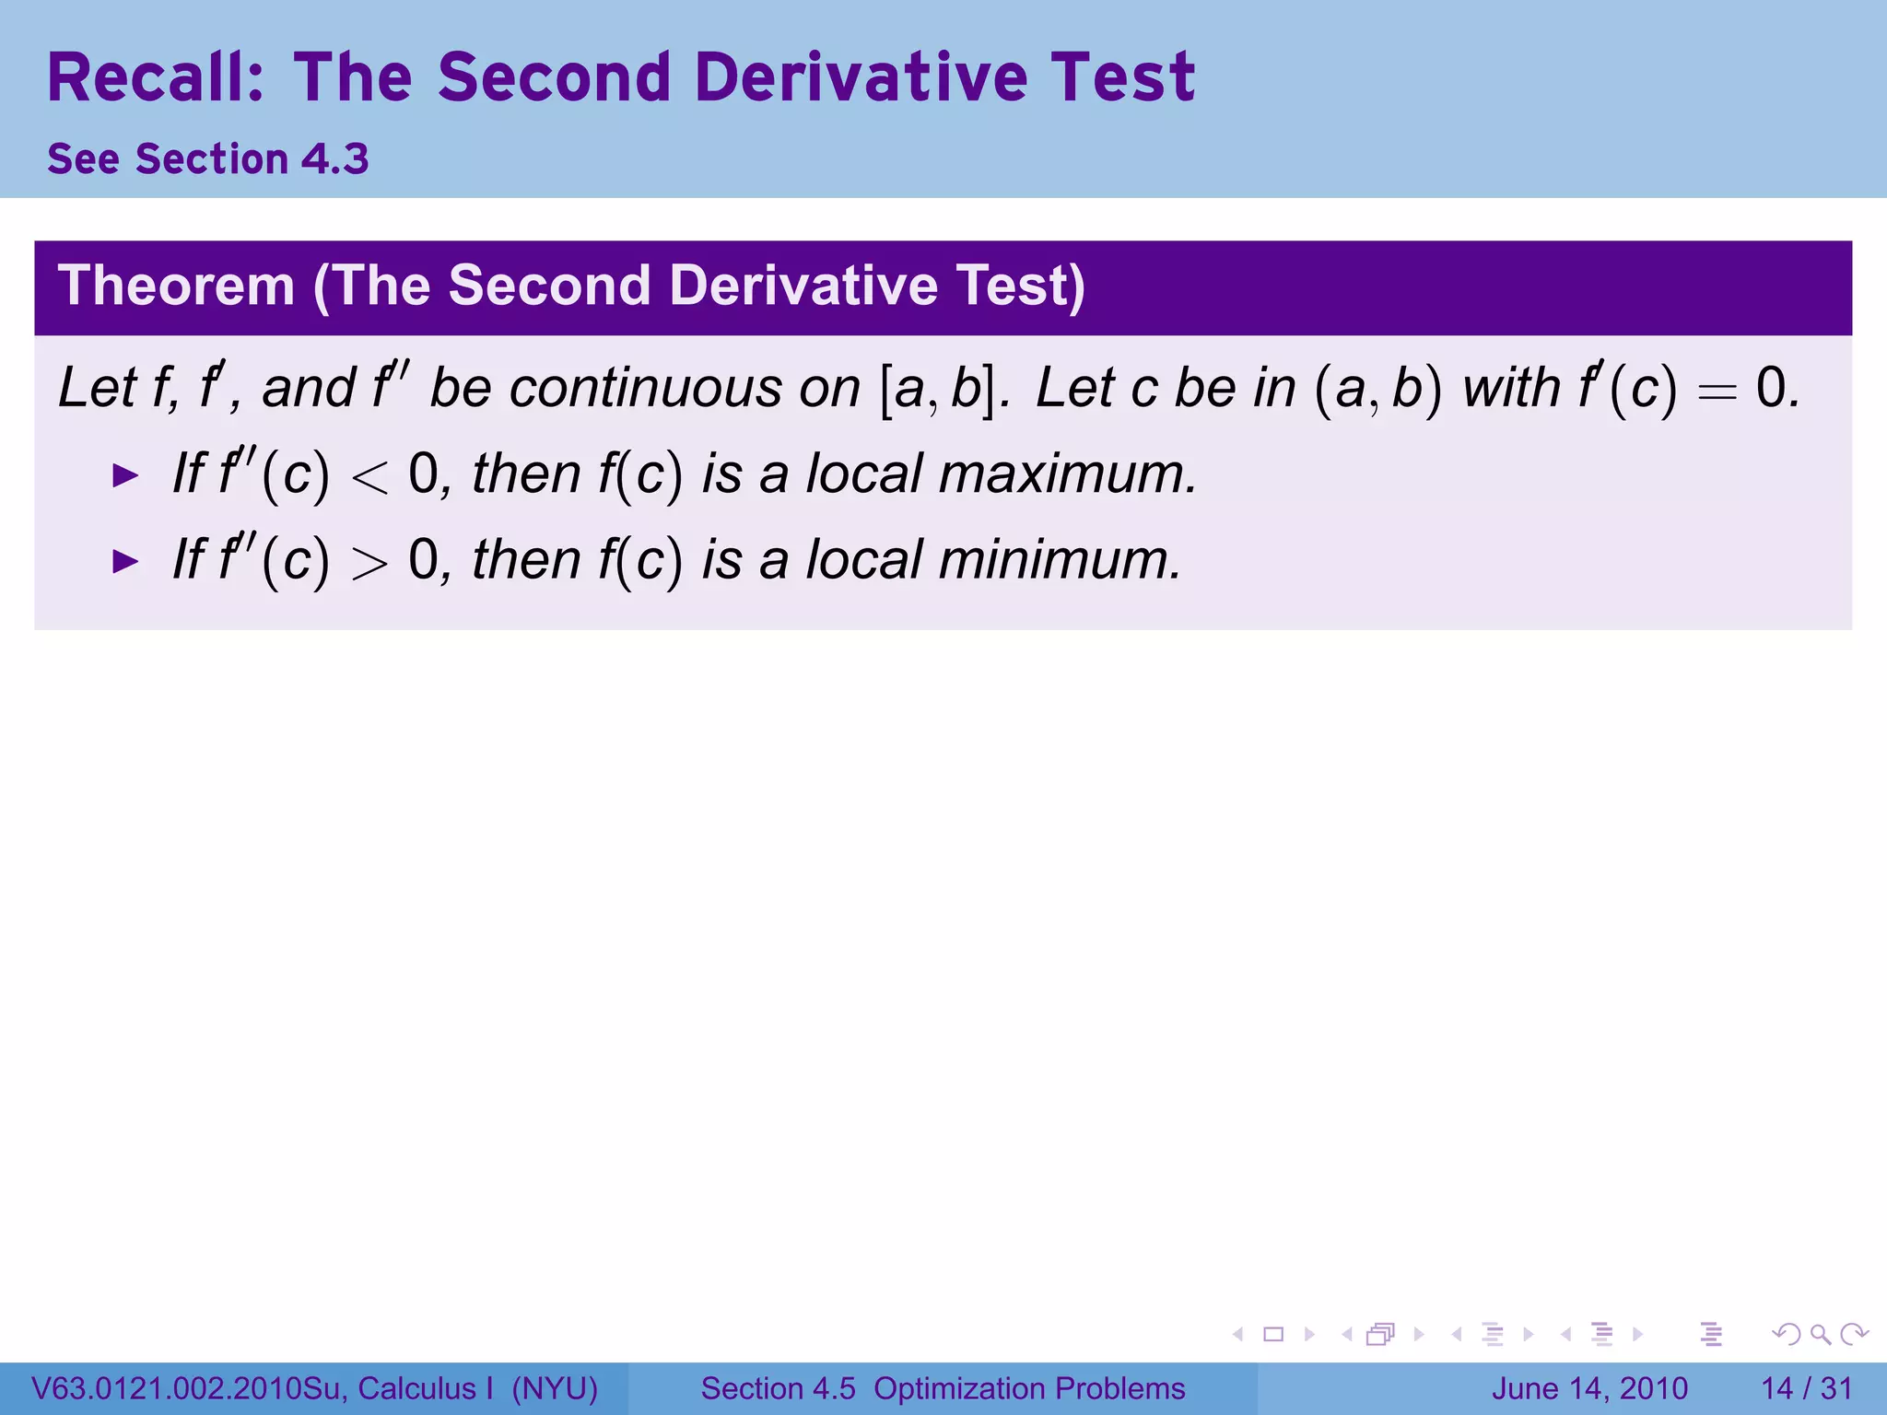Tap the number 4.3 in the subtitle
coord(335,159)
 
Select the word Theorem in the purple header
coord(176,286)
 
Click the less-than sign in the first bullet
coord(369,478)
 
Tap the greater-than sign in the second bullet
coord(369,563)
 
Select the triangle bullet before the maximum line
coord(124,476)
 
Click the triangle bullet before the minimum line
coord(124,561)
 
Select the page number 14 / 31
coord(1806,1388)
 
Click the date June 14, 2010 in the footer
coord(1589,1388)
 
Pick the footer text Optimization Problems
coord(1029,1388)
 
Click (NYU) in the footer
coord(555,1388)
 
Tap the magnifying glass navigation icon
coord(1820,1334)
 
